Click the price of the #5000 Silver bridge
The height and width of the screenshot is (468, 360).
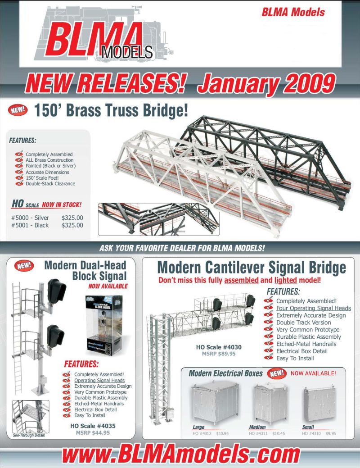[x=72, y=218]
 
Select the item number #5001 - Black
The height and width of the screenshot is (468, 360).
[x=30, y=225]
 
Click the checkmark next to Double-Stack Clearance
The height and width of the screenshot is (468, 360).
[x=19, y=184]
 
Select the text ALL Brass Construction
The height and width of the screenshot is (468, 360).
[x=49, y=160]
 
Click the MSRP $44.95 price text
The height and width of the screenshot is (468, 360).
[x=92, y=433]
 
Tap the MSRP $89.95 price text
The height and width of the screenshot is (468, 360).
[x=218, y=354]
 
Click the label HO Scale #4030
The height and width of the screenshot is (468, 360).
[x=219, y=347]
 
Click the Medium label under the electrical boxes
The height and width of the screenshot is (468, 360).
[x=257, y=427]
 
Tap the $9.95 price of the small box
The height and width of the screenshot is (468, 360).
[x=331, y=433]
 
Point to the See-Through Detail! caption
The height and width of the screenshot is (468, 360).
[x=29, y=436]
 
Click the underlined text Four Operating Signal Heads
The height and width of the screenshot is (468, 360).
[x=313, y=308]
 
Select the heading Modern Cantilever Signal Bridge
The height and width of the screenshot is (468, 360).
[x=252, y=268]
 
